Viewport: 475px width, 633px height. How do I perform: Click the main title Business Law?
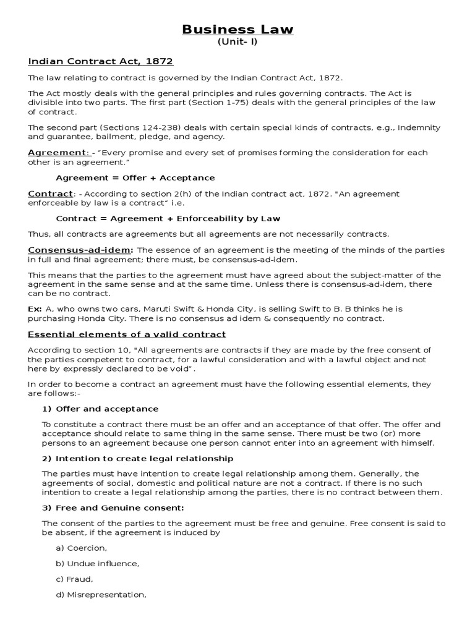click(237, 30)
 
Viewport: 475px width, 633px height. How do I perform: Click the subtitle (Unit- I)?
click(237, 42)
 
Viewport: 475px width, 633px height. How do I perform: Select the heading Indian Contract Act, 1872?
click(101, 61)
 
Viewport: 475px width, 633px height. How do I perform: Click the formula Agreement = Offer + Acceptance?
click(135, 177)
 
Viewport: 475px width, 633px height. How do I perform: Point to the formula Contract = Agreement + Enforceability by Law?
click(168, 218)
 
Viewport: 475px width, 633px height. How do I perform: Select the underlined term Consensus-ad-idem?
click(80, 250)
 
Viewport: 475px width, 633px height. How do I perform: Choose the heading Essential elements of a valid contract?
click(127, 334)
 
